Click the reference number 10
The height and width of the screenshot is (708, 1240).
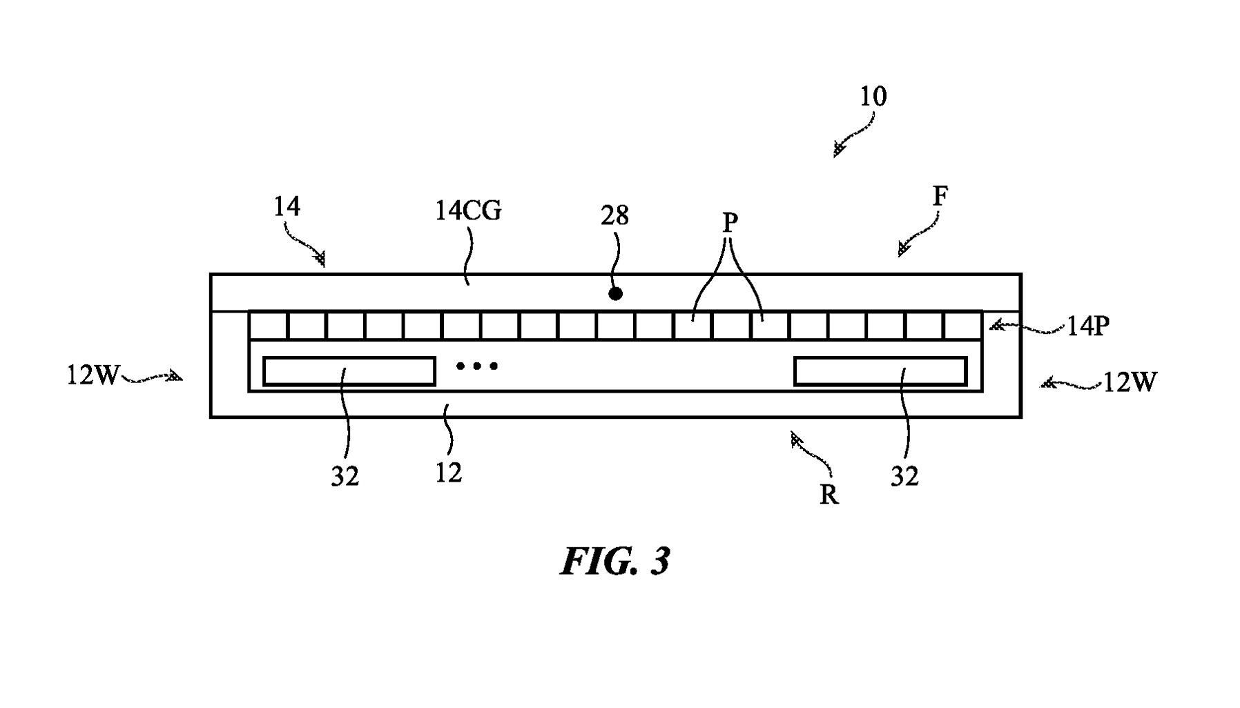(873, 97)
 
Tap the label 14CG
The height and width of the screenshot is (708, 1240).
(468, 210)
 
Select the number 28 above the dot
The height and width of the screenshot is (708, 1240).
(614, 216)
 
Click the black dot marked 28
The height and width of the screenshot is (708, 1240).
(615, 294)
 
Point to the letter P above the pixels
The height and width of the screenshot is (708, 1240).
(730, 223)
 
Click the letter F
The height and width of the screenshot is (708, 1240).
(940, 197)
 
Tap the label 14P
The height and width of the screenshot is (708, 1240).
(1087, 326)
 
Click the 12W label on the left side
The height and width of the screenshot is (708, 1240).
(93, 376)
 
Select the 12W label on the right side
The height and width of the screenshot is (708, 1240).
(1129, 382)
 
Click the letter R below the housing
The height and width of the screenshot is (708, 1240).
(829, 494)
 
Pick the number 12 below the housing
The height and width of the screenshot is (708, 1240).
(448, 473)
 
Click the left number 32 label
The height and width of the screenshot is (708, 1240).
(345, 476)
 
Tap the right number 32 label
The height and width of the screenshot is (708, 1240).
(904, 476)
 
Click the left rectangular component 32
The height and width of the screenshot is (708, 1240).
(349, 371)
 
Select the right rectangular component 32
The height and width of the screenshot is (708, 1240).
(880, 371)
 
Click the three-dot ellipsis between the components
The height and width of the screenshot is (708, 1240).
(476, 366)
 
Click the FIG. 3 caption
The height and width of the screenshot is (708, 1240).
(614, 561)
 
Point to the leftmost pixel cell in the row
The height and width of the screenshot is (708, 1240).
(268, 326)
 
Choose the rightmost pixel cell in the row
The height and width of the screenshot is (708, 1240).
(963, 326)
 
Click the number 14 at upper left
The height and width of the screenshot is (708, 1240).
(287, 206)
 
